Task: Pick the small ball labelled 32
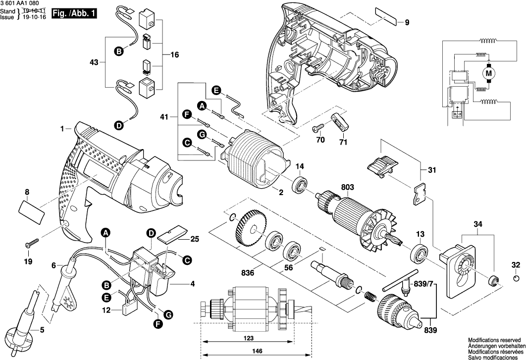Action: pos(516,280)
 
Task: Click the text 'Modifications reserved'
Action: pos(494,340)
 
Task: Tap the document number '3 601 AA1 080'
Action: pos(20,3)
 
